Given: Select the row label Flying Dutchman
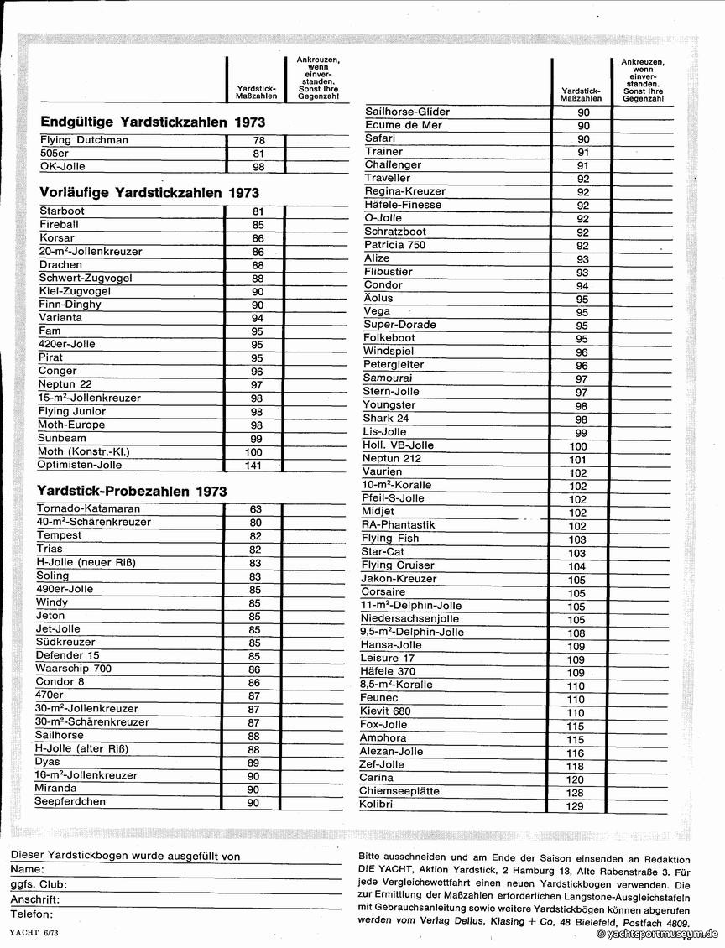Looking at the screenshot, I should [84, 140].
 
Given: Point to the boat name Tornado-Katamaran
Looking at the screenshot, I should [88, 508].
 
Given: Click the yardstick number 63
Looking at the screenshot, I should [255, 509].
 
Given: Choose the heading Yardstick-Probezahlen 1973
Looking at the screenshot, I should [132, 491].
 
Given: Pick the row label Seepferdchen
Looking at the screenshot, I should [70, 802].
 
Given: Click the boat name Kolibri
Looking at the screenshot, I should [376, 805].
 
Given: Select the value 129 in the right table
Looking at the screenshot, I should [575, 806].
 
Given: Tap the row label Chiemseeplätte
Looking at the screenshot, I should [399, 791].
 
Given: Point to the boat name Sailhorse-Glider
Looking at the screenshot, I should [407, 112].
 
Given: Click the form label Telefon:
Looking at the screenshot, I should [32, 914].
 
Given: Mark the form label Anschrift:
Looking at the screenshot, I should [35, 899].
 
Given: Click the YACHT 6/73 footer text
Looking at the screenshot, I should [34, 933].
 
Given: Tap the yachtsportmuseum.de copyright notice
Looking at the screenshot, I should [658, 934].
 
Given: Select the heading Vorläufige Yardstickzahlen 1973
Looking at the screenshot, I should [143, 192].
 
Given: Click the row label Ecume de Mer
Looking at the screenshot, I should [403, 125].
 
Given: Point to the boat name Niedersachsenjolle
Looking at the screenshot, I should [411, 618].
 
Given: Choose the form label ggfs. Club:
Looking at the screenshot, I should [39, 884].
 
